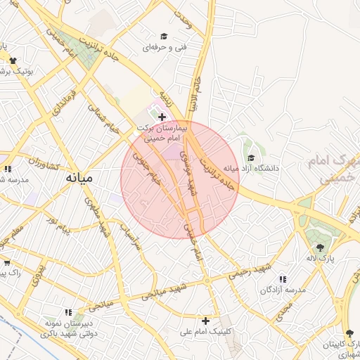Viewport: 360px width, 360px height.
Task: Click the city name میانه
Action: click(78, 178)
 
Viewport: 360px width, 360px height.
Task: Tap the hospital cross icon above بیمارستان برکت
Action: click(162, 117)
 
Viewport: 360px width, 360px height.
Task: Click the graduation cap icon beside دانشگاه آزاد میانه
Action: click(251, 157)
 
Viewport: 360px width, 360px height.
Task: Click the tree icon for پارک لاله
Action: click(321, 247)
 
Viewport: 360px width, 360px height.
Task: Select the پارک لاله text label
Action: click(321, 259)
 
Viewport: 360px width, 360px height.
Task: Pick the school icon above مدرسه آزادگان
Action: click(283, 279)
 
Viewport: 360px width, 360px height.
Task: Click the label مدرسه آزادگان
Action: click(283, 290)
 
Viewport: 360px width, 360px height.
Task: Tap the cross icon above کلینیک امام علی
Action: click(205, 321)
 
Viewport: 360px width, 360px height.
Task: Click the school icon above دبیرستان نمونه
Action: click(69, 312)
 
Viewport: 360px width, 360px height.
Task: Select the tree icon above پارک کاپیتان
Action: click(349, 333)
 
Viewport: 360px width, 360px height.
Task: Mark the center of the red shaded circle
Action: click(180, 179)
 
